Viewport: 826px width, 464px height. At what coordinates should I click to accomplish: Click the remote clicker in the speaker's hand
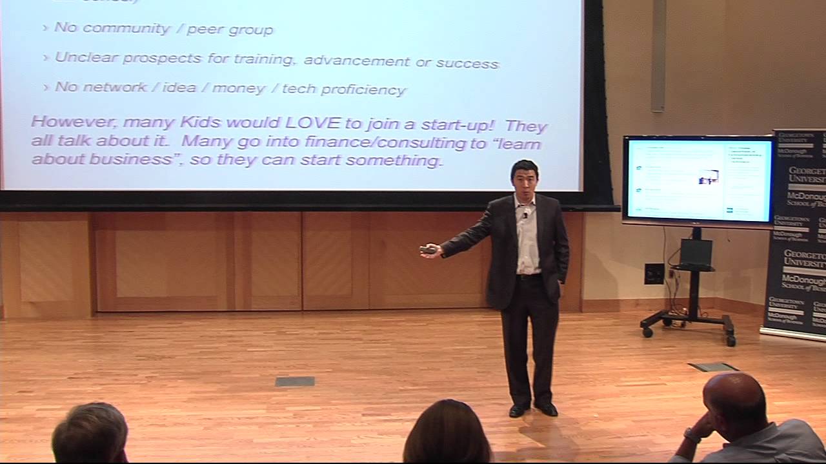(428, 249)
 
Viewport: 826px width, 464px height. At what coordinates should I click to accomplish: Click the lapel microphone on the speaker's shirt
(526, 213)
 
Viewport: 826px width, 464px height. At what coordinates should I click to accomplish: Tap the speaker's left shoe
(547, 409)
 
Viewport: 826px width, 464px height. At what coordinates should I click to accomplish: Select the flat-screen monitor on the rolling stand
(698, 180)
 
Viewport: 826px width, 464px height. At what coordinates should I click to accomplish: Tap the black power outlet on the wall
(654, 273)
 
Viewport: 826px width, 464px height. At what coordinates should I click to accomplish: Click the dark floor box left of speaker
(295, 382)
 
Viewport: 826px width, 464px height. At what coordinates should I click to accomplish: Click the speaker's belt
(529, 276)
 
